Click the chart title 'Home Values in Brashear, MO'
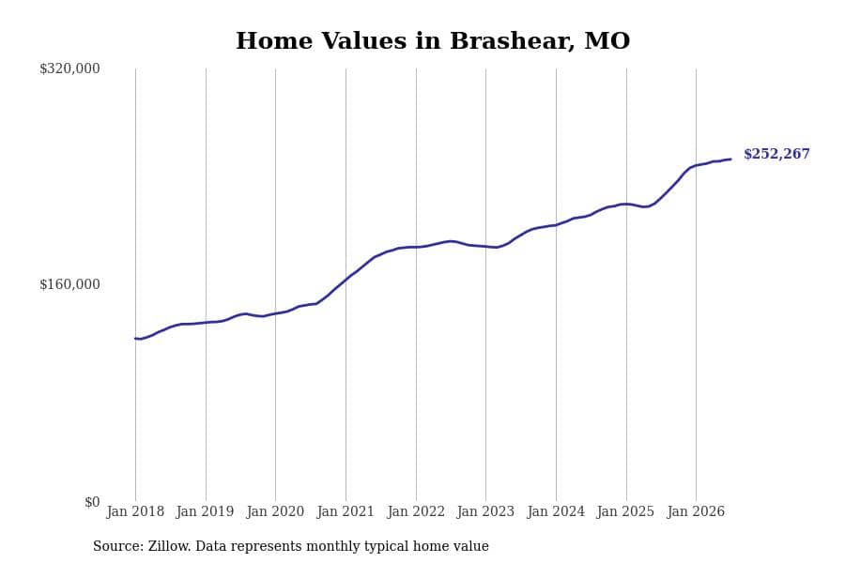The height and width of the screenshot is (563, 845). (x=433, y=41)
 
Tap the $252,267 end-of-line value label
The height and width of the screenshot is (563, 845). (x=776, y=154)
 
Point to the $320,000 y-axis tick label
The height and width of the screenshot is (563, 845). (x=69, y=68)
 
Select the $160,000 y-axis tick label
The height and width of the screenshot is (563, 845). (x=69, y=284)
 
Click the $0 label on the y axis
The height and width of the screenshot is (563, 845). (x=92, y=502)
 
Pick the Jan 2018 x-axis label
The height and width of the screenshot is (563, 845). (x=135, y=511)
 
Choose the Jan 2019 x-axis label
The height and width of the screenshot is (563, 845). (x=205, y=511)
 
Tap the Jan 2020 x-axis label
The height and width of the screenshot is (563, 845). (x=275, y=511)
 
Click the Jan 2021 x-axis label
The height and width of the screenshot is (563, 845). (x=346, y=511)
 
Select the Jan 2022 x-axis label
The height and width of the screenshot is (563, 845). (x=416, y=511)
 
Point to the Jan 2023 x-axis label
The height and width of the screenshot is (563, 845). (x=485, y=511)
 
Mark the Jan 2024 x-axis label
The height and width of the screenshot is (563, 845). (x=556, y=511)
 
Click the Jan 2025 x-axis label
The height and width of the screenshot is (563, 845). (x=625, y=511)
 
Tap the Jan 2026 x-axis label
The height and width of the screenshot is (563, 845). (x=696, y=511)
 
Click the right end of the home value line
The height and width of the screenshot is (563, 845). (x=730, y=159)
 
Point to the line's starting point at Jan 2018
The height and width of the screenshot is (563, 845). (x=135, y=339)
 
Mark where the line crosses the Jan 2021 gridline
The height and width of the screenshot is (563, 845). (x=346, y=279)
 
